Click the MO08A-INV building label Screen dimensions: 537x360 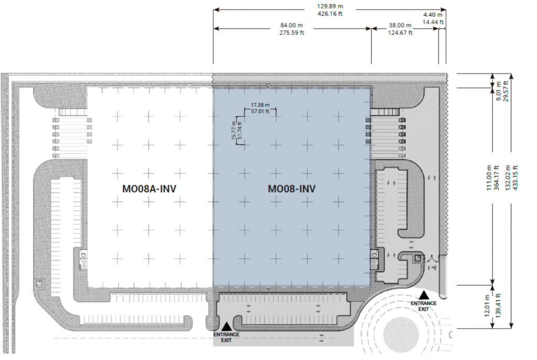click(x=149, y=189)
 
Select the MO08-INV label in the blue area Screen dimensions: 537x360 click(x=292, y=189)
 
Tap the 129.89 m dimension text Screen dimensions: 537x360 click(x=330, y=6)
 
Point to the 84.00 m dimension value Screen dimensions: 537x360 click(x=292, y=25)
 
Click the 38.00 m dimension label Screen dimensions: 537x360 click(x=400, y=25)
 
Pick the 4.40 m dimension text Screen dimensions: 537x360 click(x=433, y=15)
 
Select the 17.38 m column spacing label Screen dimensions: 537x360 click(x=260, y=105)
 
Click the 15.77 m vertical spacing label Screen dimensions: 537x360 click(x=234, y=130)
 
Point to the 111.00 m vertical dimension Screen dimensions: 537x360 click(x=489, y=178)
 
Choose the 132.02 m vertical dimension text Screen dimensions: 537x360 click(x=508, y=178)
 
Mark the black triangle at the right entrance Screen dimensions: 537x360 click(x=424, y=295)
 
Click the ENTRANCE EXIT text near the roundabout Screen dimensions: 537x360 click(x=424, y=306)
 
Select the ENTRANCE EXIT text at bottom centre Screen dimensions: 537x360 click(x=227, y=337)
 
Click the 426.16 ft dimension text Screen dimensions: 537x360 click(x=330, y=14)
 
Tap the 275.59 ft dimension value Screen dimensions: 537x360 click(x=292, y=33)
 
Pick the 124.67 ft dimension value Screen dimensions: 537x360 click(x=400, y=33)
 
